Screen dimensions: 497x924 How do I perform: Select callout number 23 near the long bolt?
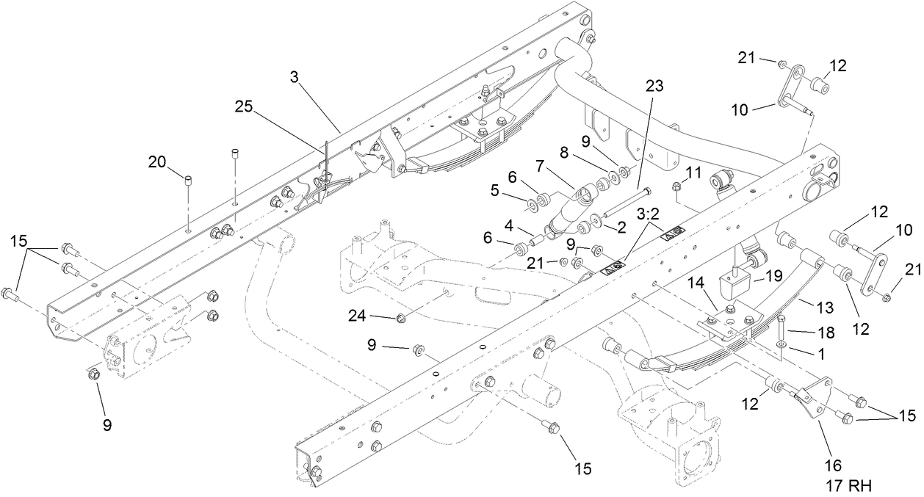(x=654, y=86)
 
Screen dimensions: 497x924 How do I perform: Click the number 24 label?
(x=358, y=316)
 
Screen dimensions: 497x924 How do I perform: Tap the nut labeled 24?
(x=401, y=319)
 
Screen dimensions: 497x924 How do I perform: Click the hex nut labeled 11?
(x=679, y=186)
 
